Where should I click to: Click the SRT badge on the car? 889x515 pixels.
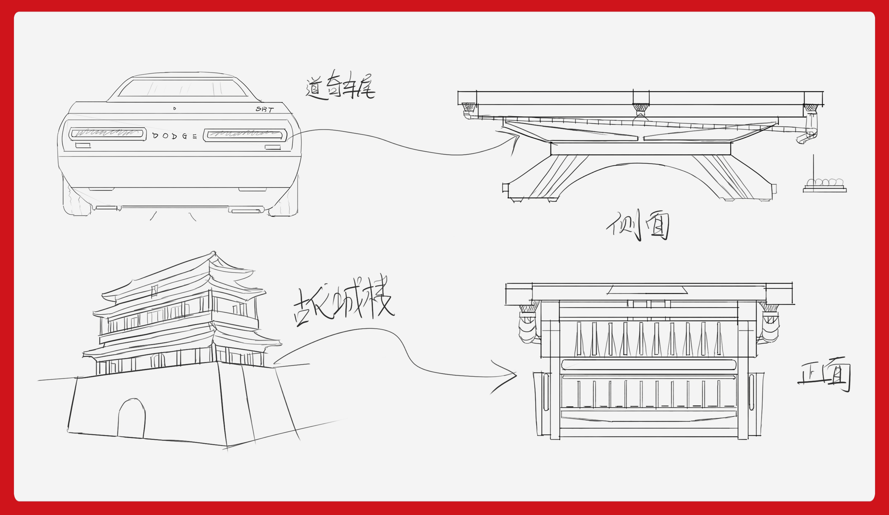tap(265, 109)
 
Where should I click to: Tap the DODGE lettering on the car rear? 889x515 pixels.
tap(175, 136)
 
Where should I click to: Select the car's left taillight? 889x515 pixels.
tap(108, 134)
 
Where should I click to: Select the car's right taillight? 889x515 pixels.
tap(245, 135)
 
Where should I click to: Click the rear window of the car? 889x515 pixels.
tap(182, 88)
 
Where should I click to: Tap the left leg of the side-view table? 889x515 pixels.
tap(545, 178)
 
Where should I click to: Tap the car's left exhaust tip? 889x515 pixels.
tap(107, 208)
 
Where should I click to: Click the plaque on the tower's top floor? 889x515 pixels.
tap(154, 290)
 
